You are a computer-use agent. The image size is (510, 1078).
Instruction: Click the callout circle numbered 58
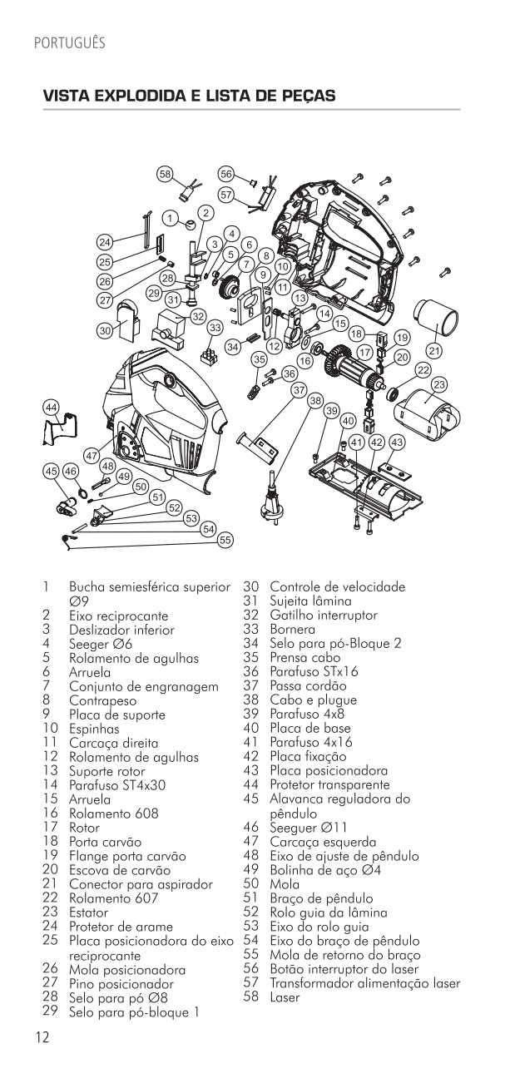click(x=165, y=174)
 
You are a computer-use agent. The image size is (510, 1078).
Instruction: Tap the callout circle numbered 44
click(x=52, y=407)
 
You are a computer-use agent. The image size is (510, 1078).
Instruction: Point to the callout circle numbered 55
click(x=224, y=540)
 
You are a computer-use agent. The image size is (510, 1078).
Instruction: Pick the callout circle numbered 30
click(x=105, y=330)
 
